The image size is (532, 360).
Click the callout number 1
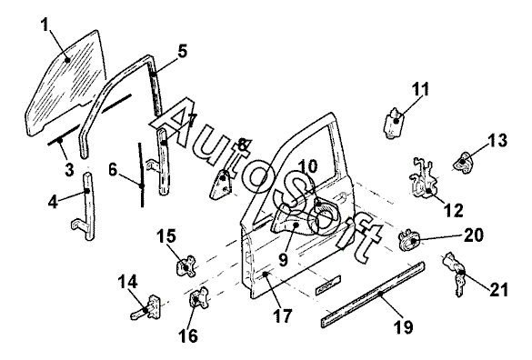point(45,25)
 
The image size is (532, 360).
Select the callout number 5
point(182,52)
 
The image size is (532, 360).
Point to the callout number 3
point(69,170)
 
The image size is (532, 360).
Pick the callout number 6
point(113,169)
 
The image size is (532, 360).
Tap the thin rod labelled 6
point(140,175)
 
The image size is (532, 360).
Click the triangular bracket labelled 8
point(221,185)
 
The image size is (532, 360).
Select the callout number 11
point(421,89)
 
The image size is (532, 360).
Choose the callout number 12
point(454,210)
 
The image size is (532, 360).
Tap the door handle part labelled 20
point(409,240)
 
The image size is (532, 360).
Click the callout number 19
point(404,327)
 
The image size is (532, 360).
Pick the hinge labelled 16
point(198,298)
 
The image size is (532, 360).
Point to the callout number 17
point(282,316)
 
